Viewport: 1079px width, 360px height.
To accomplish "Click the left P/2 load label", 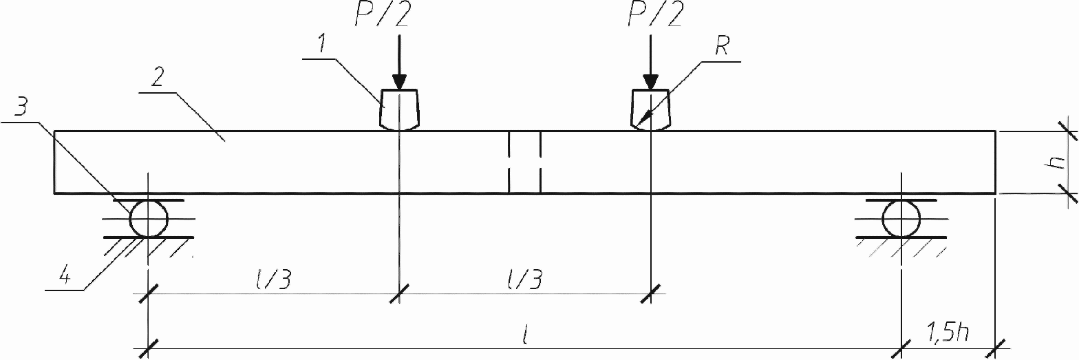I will pos(381,15).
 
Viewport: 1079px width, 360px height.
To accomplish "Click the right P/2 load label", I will pos(654,15).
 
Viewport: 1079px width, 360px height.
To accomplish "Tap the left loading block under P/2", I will pos(399,109).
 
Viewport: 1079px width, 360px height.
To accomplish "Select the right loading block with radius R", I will pos(650,109).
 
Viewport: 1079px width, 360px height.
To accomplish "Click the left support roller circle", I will pos(149,220).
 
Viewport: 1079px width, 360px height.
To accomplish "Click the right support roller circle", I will pos(901,220).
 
